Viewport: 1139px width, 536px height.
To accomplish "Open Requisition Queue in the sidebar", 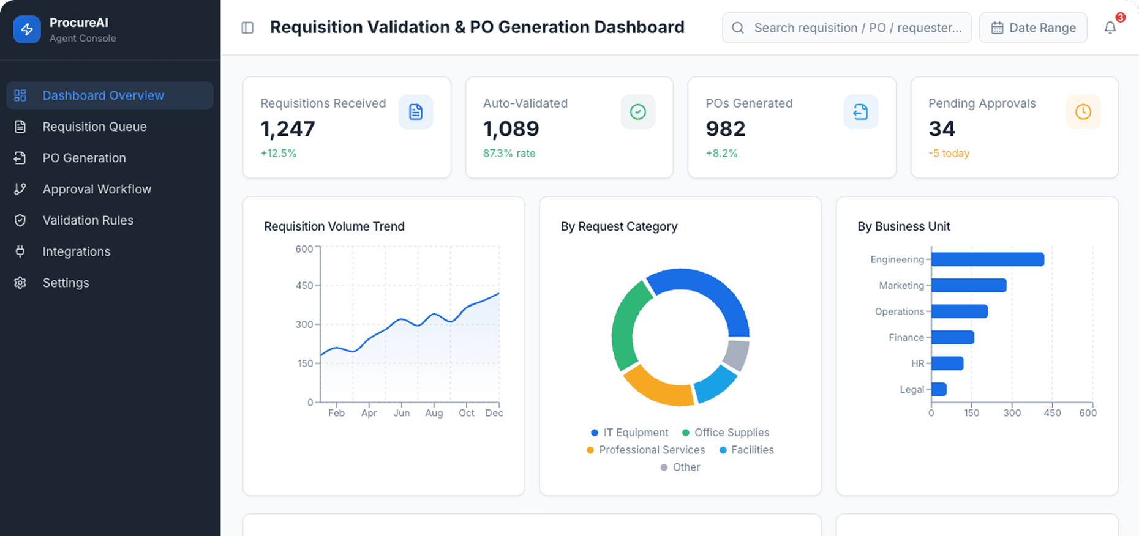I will (94, 127).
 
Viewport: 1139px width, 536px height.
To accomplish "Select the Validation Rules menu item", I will (88, 220).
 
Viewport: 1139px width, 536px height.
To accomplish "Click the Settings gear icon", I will (20, 283).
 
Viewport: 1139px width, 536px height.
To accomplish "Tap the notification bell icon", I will (1110, 28).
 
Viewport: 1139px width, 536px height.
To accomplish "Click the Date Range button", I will (1033, 28).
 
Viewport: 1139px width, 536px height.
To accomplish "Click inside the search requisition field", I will (857, 28).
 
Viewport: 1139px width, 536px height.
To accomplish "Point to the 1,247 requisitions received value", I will (288, 128).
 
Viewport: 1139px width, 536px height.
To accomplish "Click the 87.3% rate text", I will (509, 153).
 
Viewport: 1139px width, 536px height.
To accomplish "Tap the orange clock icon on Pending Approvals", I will (1083, 112).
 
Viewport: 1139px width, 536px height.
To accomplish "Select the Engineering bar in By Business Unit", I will (987, 259).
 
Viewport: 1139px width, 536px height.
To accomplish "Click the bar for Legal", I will (939, 389).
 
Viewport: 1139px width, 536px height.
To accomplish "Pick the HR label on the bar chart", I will (917, 363).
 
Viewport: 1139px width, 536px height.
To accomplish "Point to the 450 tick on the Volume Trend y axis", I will (304, 285).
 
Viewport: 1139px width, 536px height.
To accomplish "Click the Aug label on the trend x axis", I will (434, 413).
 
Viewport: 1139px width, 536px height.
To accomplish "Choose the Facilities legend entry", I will (746, 450).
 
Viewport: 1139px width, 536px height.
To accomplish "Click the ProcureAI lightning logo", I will (27, 29).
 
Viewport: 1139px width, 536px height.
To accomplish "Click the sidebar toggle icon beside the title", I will (247, 28).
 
